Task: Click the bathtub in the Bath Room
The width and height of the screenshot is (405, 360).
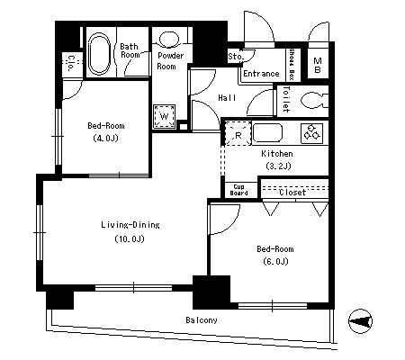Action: tap(99, 54)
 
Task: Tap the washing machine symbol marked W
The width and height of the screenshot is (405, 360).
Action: tap(164, 116)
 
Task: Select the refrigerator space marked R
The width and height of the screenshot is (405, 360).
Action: tap(238, 133)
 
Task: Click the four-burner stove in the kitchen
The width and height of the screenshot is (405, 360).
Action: tap(311, 132)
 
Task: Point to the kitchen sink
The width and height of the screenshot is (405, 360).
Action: tap(267, 133)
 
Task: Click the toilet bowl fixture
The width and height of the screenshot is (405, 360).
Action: tap(314, 101)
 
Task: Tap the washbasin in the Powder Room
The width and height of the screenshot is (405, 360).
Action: tap(169, 40)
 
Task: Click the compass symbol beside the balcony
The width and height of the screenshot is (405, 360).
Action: tap(360, 321)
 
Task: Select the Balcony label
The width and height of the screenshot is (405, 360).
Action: tap(202, 320)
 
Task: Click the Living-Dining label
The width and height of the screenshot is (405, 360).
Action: tap(130, 225)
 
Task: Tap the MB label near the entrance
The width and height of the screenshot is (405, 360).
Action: tap(318, 66)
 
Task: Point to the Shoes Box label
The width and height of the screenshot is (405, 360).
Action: tap(291, 64)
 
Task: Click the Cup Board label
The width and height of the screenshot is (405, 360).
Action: tap(238, 190)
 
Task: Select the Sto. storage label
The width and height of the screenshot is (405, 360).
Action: tap(236, 56)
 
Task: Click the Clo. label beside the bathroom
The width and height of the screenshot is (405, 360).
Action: tap(71, 62)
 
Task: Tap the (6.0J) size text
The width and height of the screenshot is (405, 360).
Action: tap(275, 262)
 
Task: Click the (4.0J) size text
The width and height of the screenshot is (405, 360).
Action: tap(105, 139)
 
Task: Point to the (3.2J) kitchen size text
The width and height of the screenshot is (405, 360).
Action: tap(278, 166)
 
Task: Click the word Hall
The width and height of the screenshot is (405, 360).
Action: tap(227, 98)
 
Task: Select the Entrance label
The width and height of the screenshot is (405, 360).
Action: tap(261, 74)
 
